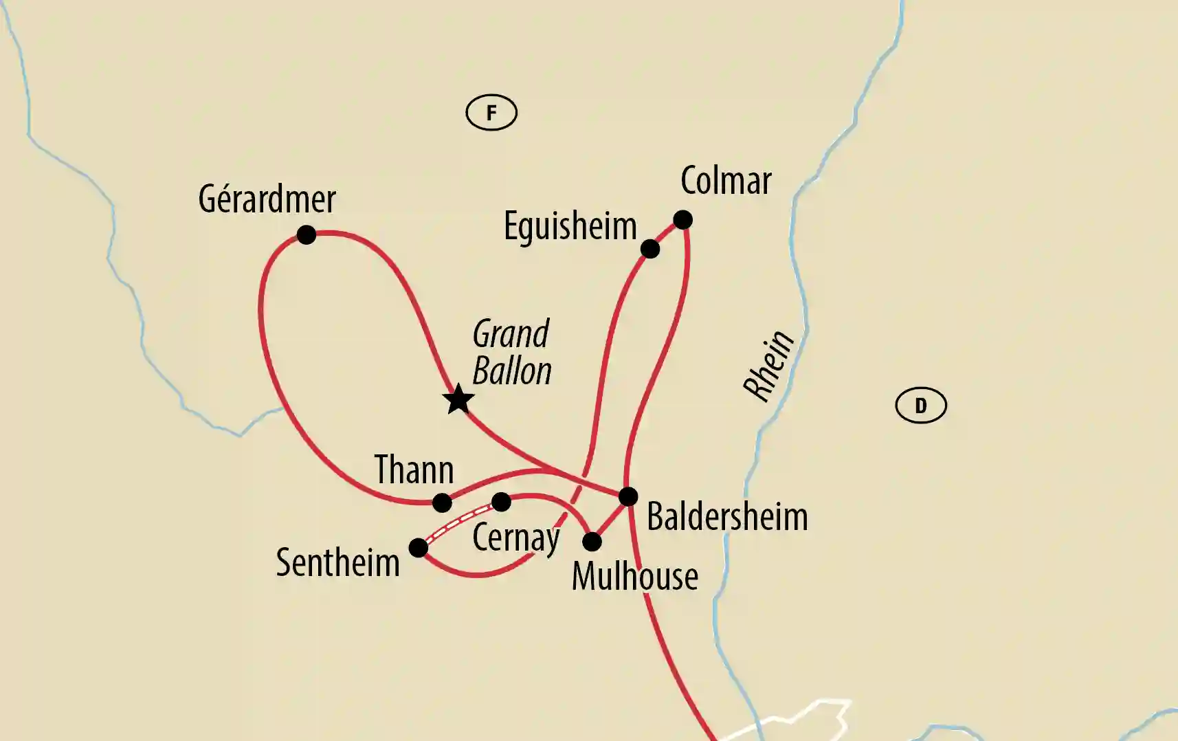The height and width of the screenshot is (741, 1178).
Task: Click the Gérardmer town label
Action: point(267,200)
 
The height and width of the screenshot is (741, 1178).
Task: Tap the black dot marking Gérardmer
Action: point(307,235)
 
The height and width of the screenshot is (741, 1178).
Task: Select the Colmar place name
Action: point(726,181)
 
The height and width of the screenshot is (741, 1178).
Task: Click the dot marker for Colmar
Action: point(682,220)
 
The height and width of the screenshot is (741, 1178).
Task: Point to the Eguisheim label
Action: point(570,226)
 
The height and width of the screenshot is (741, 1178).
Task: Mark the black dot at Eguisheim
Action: point(650,249)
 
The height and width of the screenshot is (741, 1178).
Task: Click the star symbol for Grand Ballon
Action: point(458,399)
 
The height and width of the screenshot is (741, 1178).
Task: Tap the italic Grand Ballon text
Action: point(512,353)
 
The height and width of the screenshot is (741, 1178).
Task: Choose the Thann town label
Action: point(414,470)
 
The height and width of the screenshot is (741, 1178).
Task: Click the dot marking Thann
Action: point(442,503)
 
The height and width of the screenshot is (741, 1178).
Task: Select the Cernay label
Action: point(516,538)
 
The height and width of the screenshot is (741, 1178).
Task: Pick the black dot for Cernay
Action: point(502,502)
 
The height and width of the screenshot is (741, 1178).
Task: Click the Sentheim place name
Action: point(337,563)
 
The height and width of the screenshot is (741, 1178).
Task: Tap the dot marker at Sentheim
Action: point(418,548)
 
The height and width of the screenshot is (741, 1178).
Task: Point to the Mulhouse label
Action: point(634,576)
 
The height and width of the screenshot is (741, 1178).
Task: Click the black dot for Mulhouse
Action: point(592,542)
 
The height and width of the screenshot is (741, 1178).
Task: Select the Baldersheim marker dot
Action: point(628,496)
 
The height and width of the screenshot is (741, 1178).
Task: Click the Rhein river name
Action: point(768,366)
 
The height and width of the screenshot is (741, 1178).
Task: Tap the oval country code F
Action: point(491,113)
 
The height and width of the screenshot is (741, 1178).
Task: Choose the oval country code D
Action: point(921,406)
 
